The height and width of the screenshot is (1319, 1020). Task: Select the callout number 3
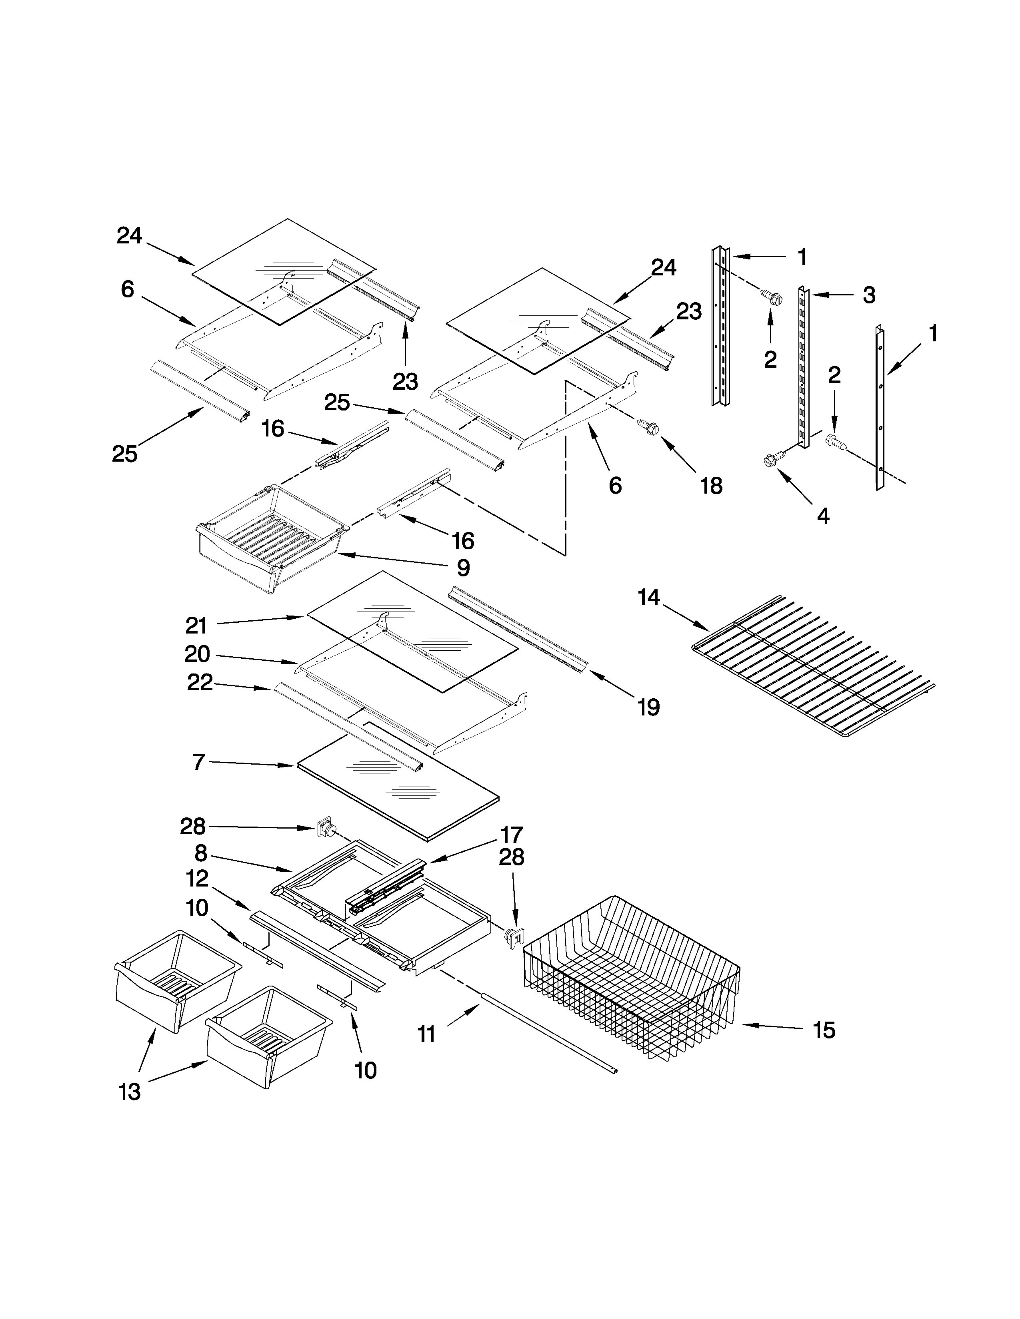(868, 295)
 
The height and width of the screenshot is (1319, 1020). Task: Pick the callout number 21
(196, 626)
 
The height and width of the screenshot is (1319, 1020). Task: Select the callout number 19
(648, 707)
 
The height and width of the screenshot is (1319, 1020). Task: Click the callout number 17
(511, 835)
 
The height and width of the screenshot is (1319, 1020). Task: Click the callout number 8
(201, 853)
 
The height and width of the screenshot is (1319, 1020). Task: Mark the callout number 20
(197, 654)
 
